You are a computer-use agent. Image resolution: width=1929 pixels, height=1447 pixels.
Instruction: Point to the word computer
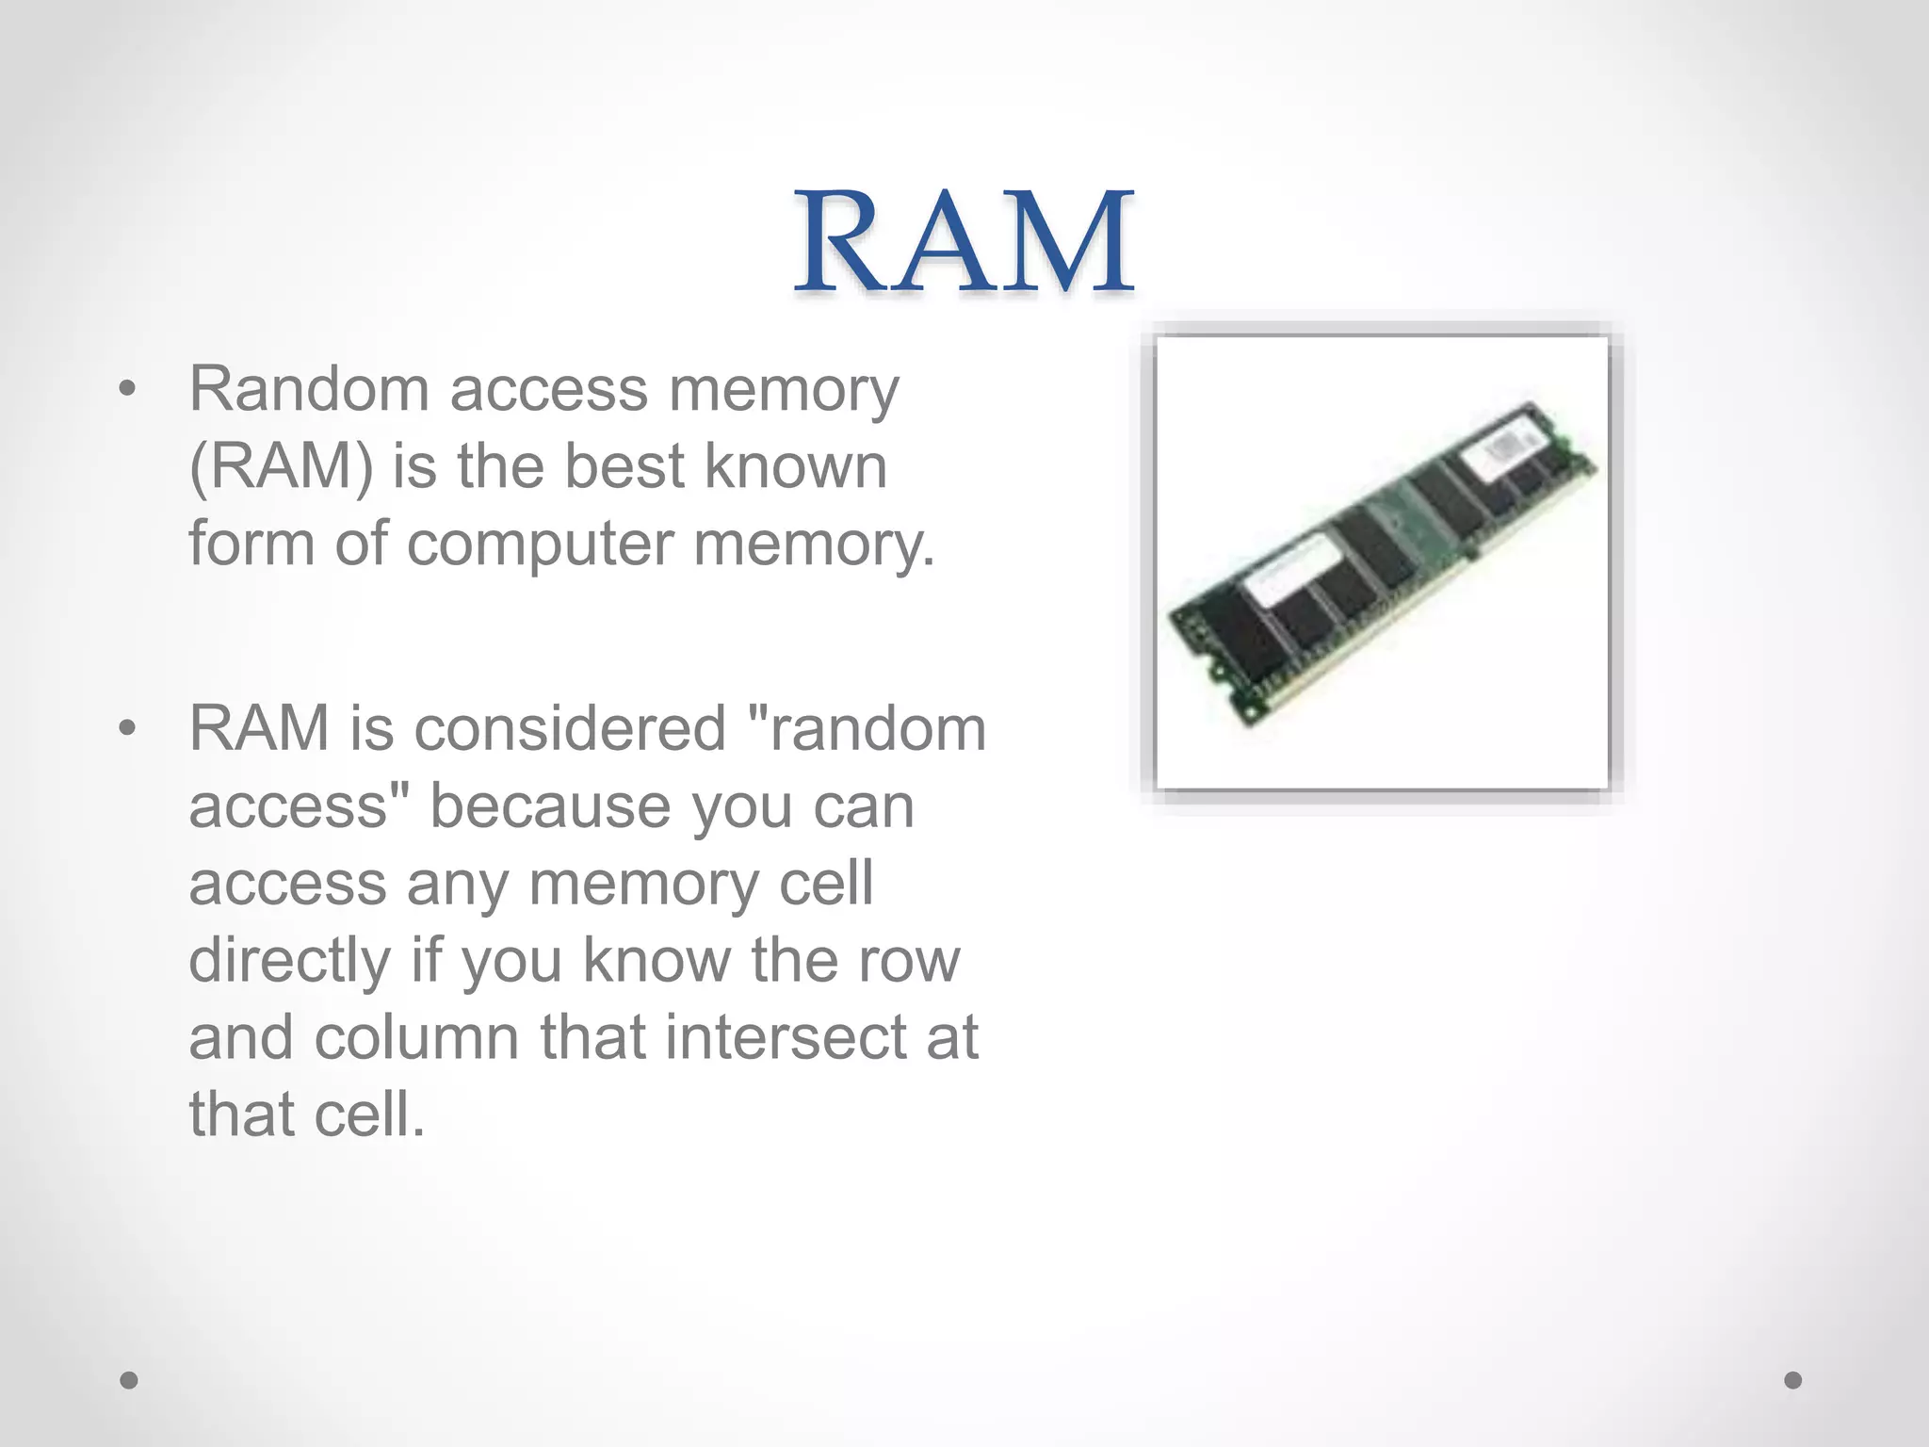(541, 544)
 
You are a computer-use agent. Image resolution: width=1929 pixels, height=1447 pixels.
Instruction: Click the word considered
(570, 728)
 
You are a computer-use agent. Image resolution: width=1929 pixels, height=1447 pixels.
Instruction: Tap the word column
(416, 1037)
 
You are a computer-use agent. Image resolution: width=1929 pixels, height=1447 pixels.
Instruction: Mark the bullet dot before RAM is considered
(128, 728)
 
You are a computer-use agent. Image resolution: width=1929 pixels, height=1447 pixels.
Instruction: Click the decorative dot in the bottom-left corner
(129, 1380)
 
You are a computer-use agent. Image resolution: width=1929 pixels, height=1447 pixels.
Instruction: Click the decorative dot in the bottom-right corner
(1793, 1380)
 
